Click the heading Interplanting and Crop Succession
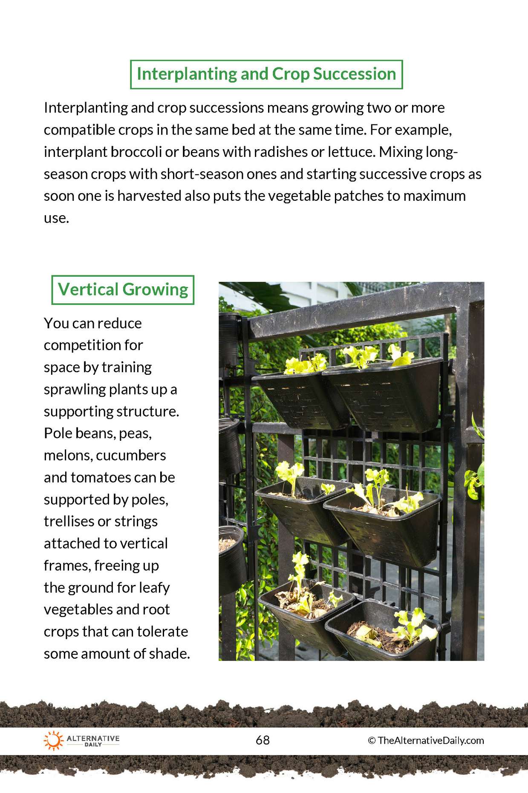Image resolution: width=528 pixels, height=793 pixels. (x=266, y=74)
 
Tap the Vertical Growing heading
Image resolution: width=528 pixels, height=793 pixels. (x=123, y=289)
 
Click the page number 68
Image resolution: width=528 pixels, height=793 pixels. (x=263, y=740)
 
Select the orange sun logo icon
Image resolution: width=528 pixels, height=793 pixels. (x=53, y=740)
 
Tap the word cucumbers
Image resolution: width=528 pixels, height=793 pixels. (x=131, y=455)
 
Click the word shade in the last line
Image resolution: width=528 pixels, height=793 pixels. (x=171, y=654)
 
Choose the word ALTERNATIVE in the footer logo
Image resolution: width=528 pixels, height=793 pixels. (x=93, y=738)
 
